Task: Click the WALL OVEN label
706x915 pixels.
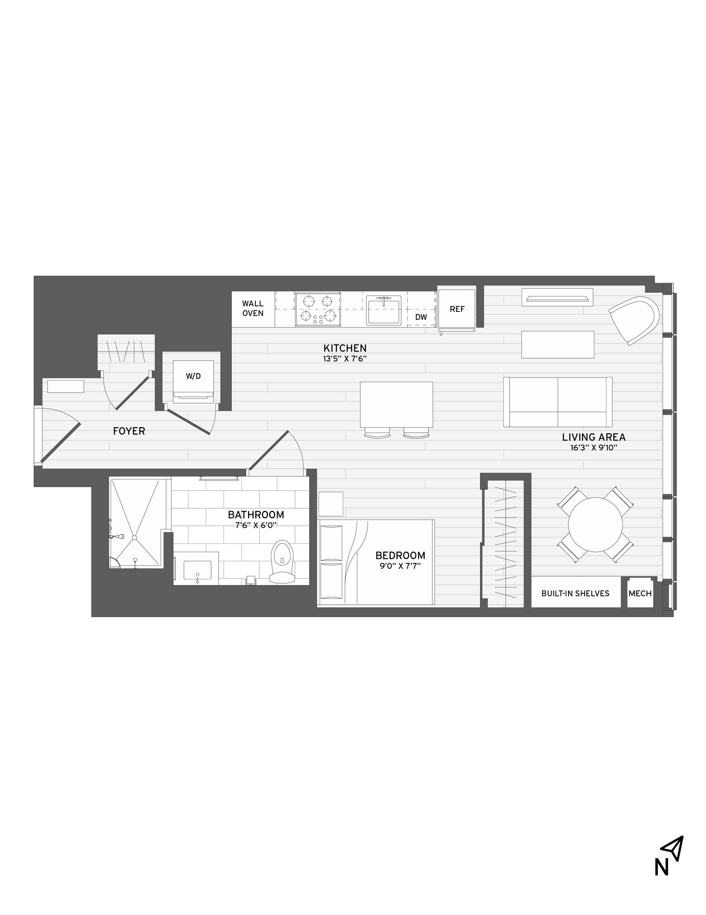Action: click(x=253, y=309)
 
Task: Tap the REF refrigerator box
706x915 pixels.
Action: click(x=457, y=309)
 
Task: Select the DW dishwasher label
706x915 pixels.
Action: click(x=421, y=317)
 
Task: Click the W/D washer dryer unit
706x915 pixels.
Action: click(x=193, y=376)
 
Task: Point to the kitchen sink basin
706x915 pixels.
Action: click(x=384, y=311)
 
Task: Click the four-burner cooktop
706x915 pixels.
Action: click(x=318, y=309)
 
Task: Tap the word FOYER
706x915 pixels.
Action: click(x=129, y=431)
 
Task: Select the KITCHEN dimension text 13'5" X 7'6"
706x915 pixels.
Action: click(x=345, y=358)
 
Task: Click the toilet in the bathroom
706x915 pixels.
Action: click(x=282, y=561)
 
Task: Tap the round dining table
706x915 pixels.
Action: click(x=595, y=525)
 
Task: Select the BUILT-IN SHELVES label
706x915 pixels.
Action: click(x=575, y=593)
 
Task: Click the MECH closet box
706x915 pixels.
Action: click(x=640, y=594)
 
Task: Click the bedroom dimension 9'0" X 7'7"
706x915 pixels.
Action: click(x=400, y=566)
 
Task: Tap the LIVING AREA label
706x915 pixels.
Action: click(x=594, y=437)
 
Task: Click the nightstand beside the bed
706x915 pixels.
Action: click(x=331, y=504)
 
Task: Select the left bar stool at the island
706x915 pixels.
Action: click(x=377, y=433)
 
